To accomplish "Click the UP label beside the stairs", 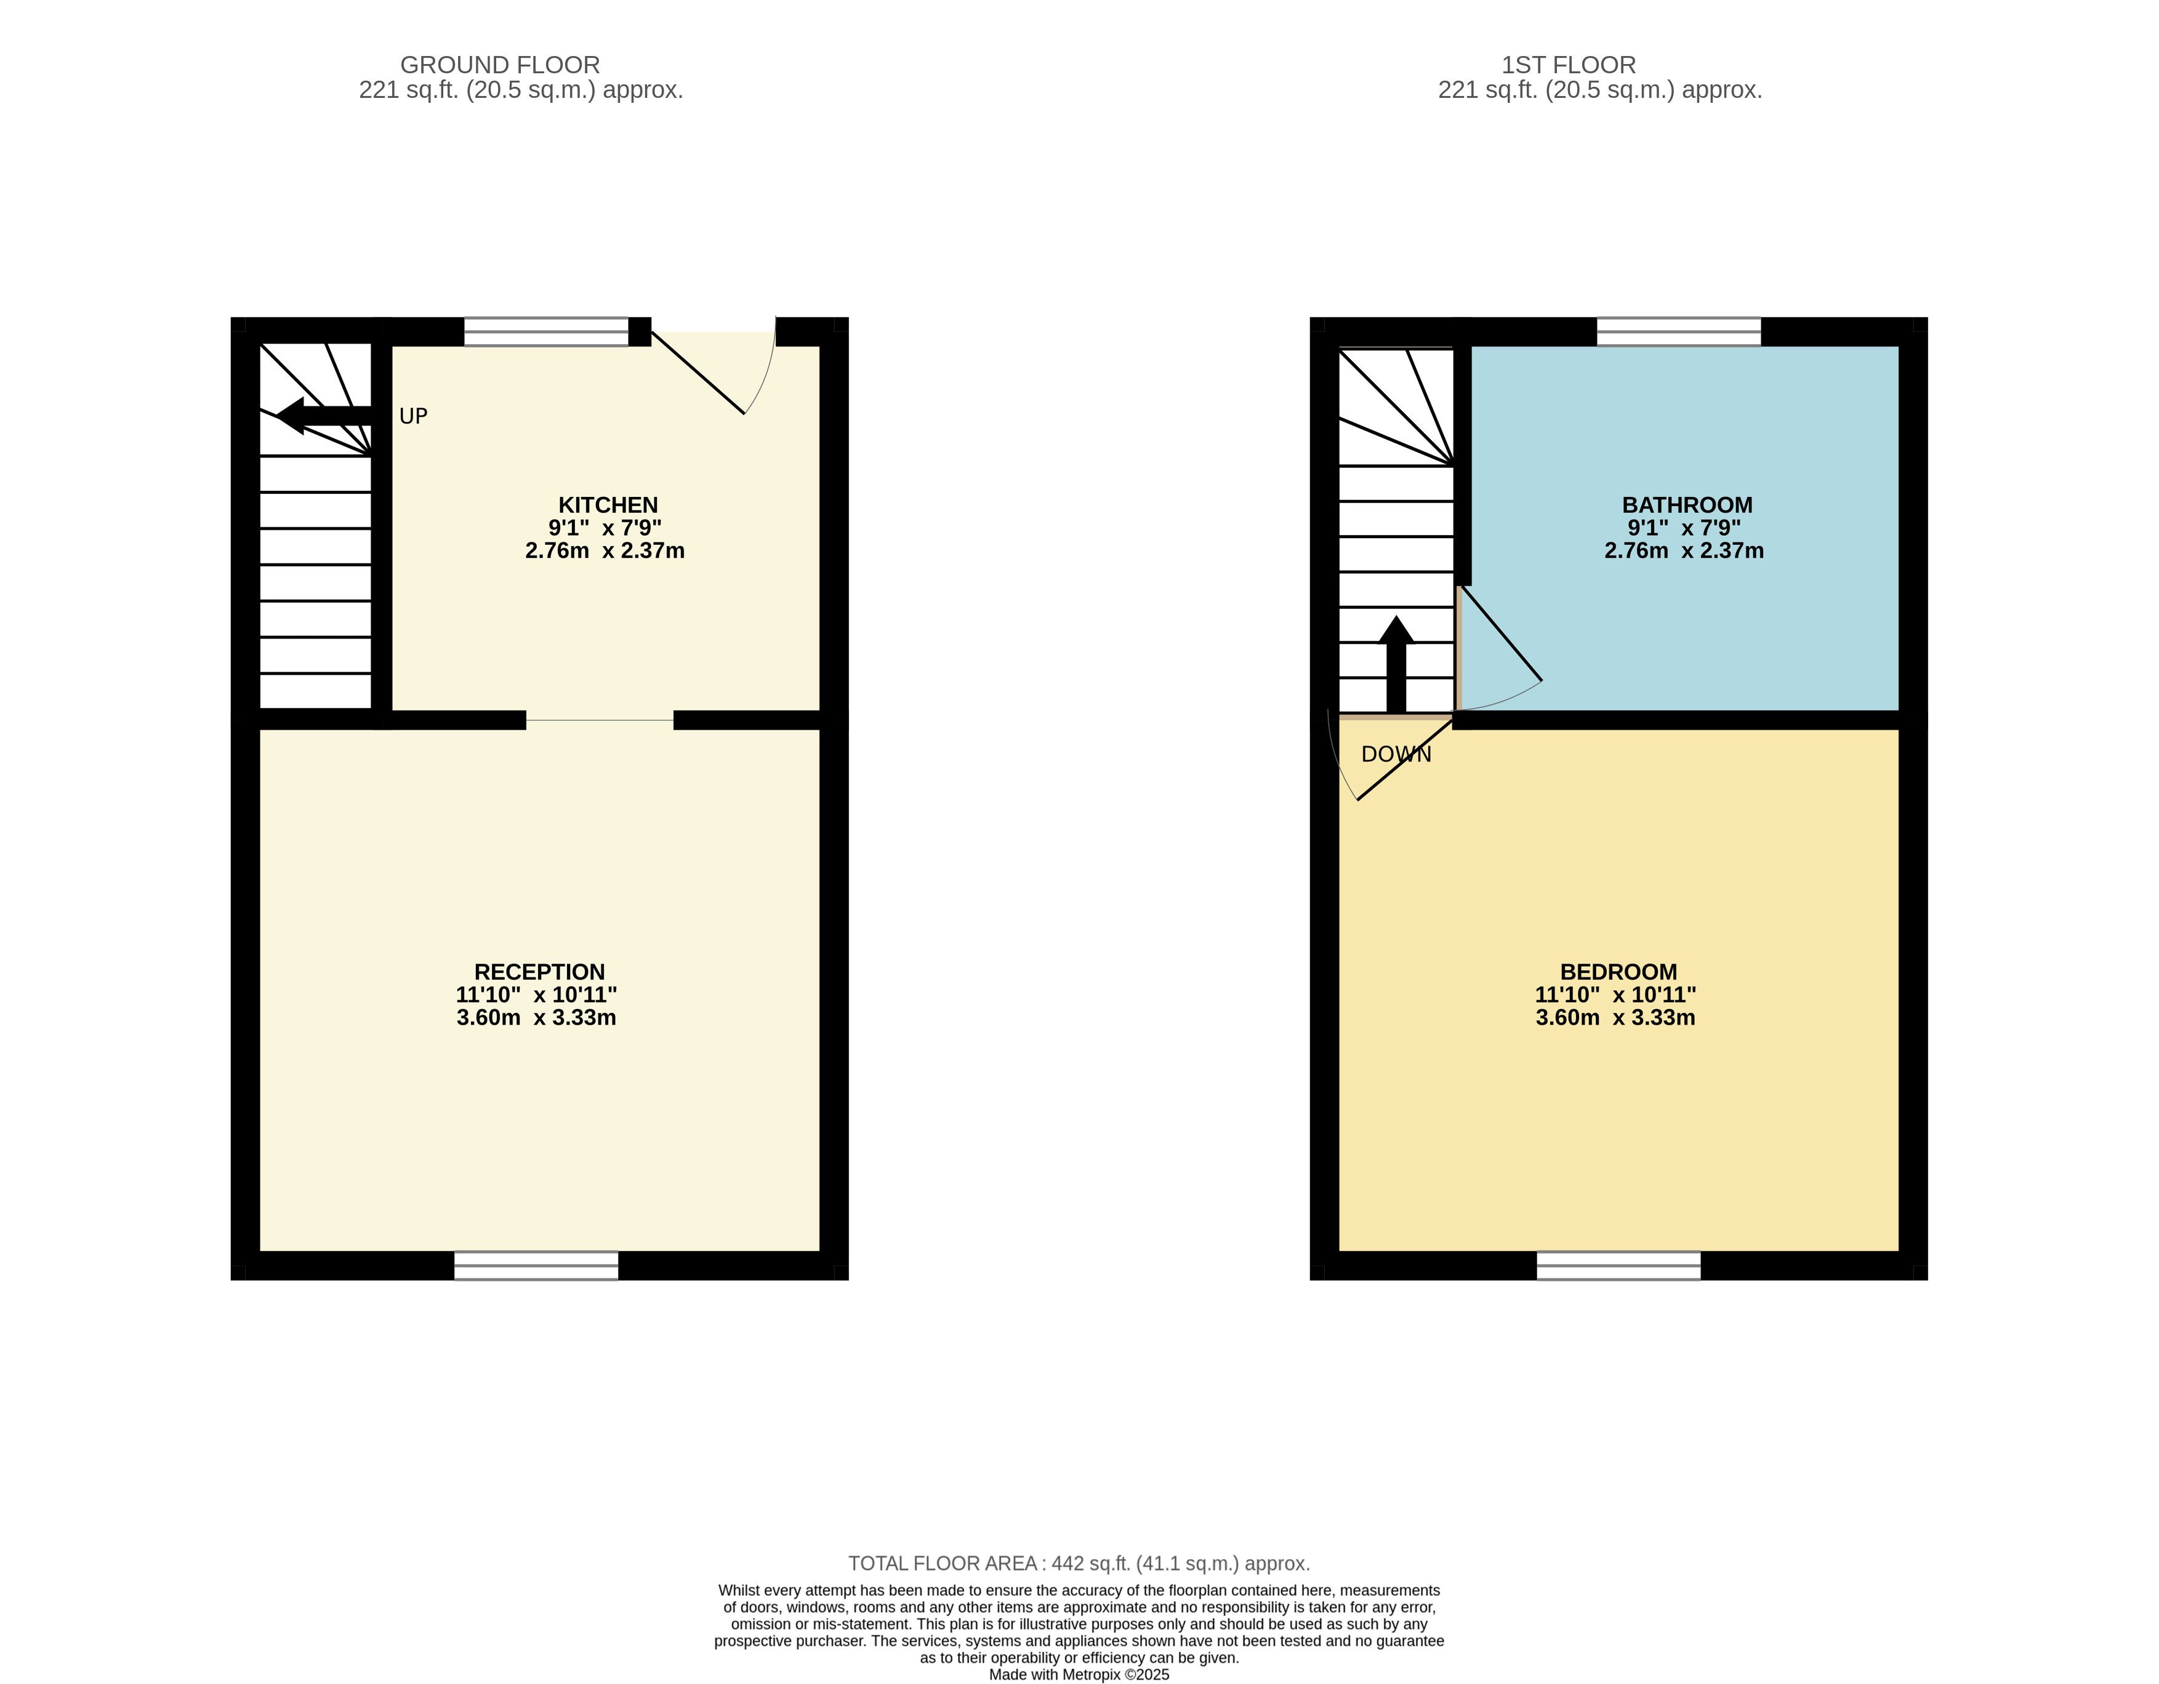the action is click(413, 416).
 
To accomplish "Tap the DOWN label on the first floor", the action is click(1396, 754).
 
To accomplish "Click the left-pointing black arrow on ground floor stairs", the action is click(324, 416).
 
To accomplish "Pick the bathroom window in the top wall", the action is click(1679, 331).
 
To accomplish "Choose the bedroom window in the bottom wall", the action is click(1618, 1266).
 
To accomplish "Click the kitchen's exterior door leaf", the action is click(697, 372).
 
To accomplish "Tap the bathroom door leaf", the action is click(1501, 634).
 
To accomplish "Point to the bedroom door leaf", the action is click(1405, 759).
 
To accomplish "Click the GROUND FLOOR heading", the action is click(501, 65).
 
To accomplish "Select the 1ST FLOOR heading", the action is click(1569, 65).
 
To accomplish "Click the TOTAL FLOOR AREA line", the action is click(1080, 1563).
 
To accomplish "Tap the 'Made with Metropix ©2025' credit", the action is click(1080, 1674).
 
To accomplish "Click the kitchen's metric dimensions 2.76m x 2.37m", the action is click(605, 551).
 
